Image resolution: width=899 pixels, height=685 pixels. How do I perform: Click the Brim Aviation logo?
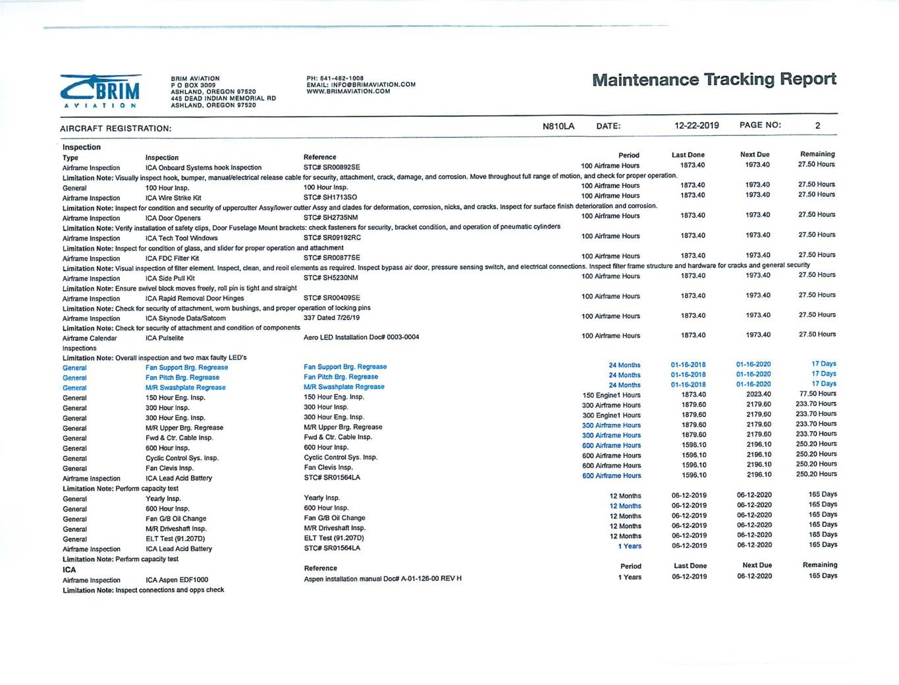[x=101, y=91]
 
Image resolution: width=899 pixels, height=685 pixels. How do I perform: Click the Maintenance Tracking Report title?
[x=714, y=80]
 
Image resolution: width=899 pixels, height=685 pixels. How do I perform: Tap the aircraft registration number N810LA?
[x=558, y=126]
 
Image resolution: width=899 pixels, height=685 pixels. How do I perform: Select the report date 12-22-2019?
[x=696, y=125]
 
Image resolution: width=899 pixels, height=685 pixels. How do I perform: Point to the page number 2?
[x=817, y=125]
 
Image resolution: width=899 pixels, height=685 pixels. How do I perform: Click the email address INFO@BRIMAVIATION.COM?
[x=372, y=84]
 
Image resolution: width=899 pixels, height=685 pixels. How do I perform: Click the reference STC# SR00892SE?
[x=331, y=167]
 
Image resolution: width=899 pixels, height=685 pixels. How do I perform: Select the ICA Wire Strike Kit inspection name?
[x=173, y=198]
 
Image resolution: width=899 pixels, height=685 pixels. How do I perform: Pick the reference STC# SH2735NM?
[x=331, y=217]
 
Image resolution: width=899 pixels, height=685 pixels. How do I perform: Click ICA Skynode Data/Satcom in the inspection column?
[x=185, y=318]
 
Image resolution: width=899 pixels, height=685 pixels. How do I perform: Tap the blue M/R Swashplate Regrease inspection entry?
[x=185, y=388]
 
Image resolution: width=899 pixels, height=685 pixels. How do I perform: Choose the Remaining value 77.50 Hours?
[x=817, y=394]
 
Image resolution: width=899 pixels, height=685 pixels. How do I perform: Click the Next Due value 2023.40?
[x=758, y=394]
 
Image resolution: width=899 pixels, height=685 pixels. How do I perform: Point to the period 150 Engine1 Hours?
[x=611, y=395]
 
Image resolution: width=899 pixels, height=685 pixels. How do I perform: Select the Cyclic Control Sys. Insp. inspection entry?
[x=182, y=458]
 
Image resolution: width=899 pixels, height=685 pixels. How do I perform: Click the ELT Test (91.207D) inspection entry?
[x=175, y=539]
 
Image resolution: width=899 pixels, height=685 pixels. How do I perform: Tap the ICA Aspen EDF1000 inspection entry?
[x=177, y=580]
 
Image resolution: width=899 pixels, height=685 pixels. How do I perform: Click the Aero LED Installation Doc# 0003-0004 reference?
[x=361, y=337]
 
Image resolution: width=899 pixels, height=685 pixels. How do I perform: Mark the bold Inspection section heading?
[x=82, y=147]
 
